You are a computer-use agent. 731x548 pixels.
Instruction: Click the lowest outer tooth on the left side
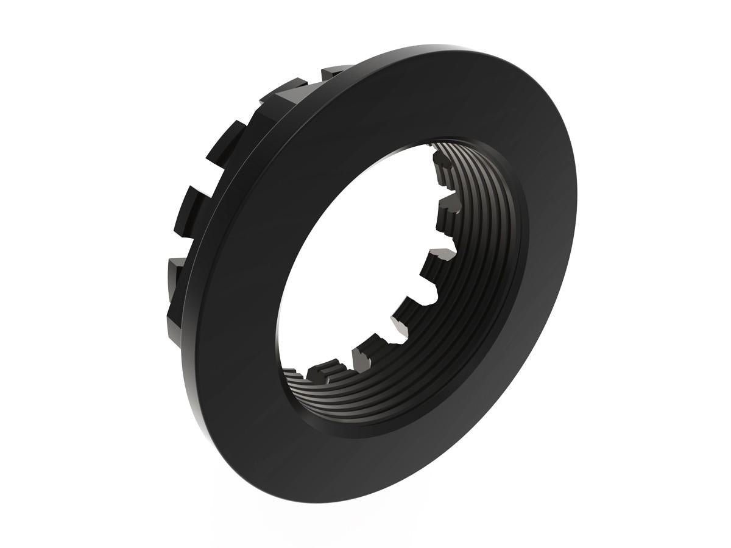click(x=173, y=323)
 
